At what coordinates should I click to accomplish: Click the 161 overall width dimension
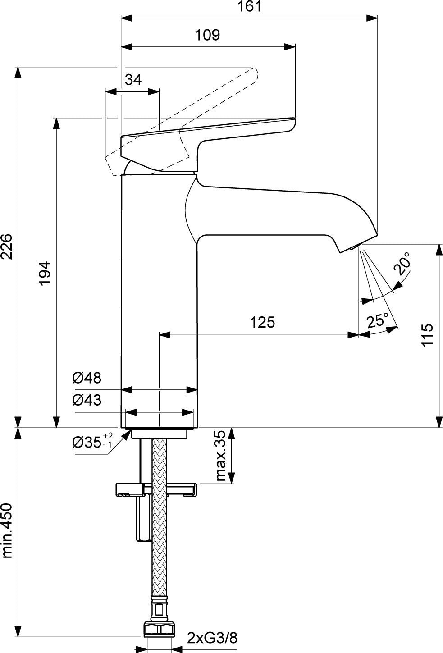pyautogui.click(x=250, y=6)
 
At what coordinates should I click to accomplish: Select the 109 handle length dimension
pyautogui.click(x=207, y=35)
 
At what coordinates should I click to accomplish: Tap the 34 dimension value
pyautogui.click(x=133, y=79)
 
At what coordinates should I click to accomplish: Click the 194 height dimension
pyautogui.click(x=45, y=274)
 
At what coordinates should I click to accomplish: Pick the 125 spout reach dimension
pyautogui.click(x=262, y=322)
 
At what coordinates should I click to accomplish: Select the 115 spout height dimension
pyautogui.click(x=427, y=335)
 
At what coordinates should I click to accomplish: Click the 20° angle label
pyautogui.click(x=402, y=264)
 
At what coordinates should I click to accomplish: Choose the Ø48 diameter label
pyautogui.click(x=87, y=378)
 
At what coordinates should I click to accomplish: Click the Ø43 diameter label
pyautogui.click(x=87, y=400)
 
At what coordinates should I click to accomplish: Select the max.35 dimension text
pyautogui.click(x=221, y=456)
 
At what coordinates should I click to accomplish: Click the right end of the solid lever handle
pyautogui.click(x=294, y=122)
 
